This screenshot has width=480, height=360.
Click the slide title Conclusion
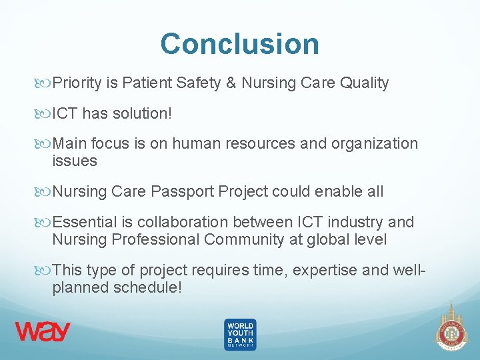tap(239, 44)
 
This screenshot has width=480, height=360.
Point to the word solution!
tap(141, 114)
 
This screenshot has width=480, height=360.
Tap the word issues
tap(74, 161)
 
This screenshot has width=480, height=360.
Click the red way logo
tap(43, 331)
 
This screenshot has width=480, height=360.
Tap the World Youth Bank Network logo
tap(239, 333)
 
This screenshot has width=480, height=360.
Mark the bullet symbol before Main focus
tap(45, 144)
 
